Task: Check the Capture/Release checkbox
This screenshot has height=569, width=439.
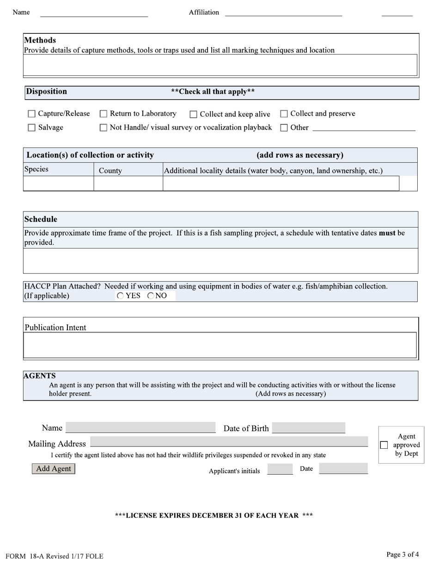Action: click(x=31, y=114)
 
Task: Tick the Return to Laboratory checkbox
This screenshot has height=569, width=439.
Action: click(x=104, y=114)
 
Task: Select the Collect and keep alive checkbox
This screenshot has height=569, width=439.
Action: click(x=194, y=114)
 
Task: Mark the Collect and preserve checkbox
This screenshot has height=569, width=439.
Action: click(x=284, y=114)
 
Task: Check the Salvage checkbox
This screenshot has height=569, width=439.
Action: click(x=31, y=128)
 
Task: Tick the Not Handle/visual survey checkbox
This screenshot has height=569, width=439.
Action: click(x=104, y=128)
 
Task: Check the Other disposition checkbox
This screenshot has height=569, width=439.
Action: click(x=284, y=128)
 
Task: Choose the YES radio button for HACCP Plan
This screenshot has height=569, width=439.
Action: click(x=121, y=296)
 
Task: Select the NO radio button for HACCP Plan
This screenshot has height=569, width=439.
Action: click(x=151, y=296)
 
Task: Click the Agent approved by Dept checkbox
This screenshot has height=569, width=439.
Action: click(x=384, y=445)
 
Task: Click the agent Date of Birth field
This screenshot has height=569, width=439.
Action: click(x=309, y=428)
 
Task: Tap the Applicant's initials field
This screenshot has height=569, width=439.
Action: click(x=280, y=470)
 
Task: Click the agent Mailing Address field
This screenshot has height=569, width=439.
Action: click(x=229, y=442)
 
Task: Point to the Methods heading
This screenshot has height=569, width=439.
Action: click(x=40, y=40)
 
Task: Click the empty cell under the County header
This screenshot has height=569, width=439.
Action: click(x=128, y=184)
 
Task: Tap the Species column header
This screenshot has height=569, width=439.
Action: click(x=37, y=169)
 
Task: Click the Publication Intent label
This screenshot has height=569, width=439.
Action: click(x=55, y=328)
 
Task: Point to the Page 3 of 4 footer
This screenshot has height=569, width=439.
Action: click(x=402, y=555)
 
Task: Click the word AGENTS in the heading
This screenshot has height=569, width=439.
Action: click(x=40, y=376)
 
